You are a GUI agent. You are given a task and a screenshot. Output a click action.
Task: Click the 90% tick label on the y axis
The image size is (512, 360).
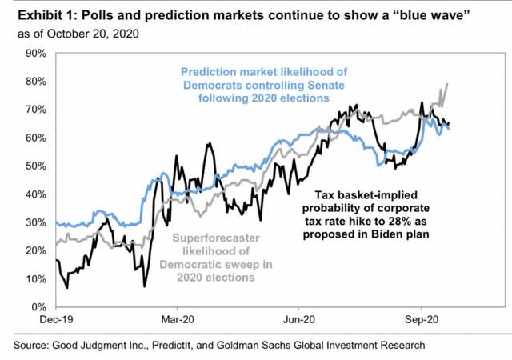tap(35, 53)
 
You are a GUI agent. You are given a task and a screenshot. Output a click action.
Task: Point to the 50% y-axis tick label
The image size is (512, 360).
tap(35, 166)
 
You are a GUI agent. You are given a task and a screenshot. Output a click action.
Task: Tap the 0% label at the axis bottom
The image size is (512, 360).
tap(38, 306)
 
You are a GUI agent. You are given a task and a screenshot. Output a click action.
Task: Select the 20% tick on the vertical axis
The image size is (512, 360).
tap(35, 250)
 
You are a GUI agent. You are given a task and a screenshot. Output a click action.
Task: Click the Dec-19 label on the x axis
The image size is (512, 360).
tap(55, 318)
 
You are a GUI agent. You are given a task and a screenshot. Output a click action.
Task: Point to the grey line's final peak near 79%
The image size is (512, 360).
tap(446, 84)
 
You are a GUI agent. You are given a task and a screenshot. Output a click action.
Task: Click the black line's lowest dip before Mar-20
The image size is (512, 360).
tap(145, 286)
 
